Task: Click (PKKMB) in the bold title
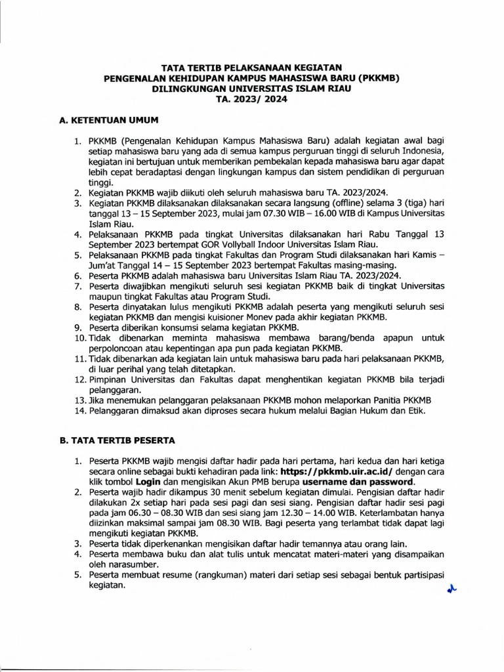pos(375,77)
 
